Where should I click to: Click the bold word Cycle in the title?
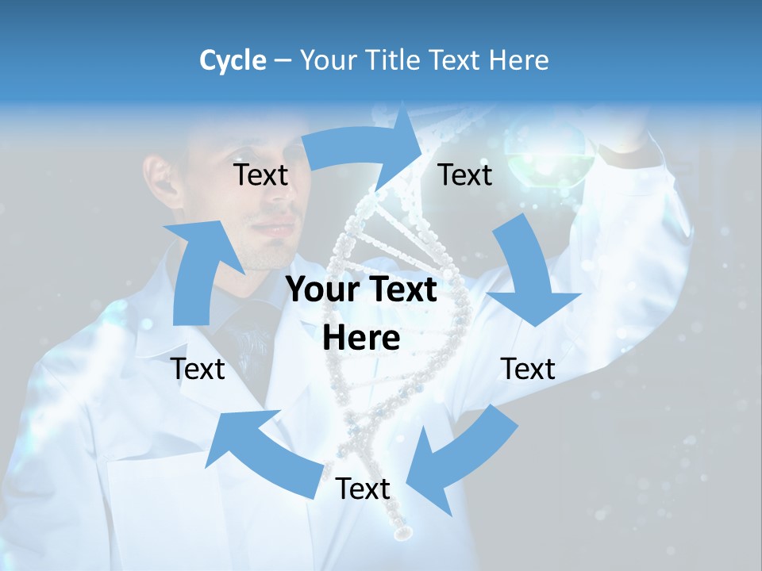232,60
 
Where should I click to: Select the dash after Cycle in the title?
282,61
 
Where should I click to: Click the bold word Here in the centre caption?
361,338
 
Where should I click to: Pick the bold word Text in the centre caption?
402,289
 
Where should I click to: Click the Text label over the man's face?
260,174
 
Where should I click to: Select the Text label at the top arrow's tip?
465,174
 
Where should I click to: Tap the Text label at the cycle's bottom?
363,489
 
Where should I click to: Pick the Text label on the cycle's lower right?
528,369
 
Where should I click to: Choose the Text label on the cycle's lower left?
198,369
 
